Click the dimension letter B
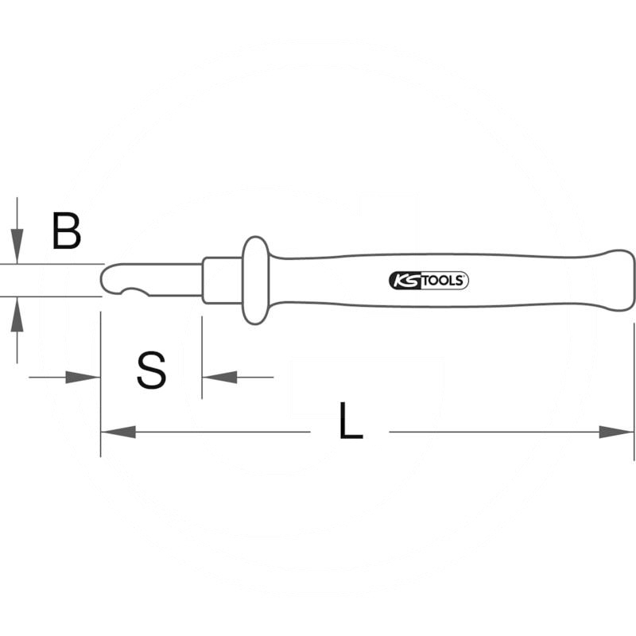pyautogui.click(x=67, y=231)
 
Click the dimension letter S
pyautogui.click(x=152, y=370)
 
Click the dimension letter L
pyautogui.click(x=351, y=421)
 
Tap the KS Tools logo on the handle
pyautogui.click(x=429, y=281)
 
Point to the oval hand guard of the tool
pyautogui.click(x=255, y=280)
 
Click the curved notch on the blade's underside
pyautogui.click(x=135, y=292)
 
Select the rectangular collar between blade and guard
pyautogui.click(x=223, y=280)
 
